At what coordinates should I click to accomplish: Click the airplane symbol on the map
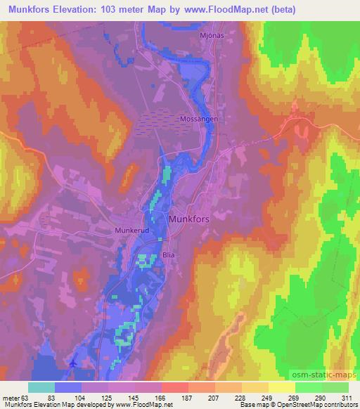[75, 363]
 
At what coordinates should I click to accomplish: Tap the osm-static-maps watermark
[329, 375]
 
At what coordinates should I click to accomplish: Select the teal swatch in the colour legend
[41, 387]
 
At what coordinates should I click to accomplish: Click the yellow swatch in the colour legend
[281, 387]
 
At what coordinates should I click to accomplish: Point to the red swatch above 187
[174, 387]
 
